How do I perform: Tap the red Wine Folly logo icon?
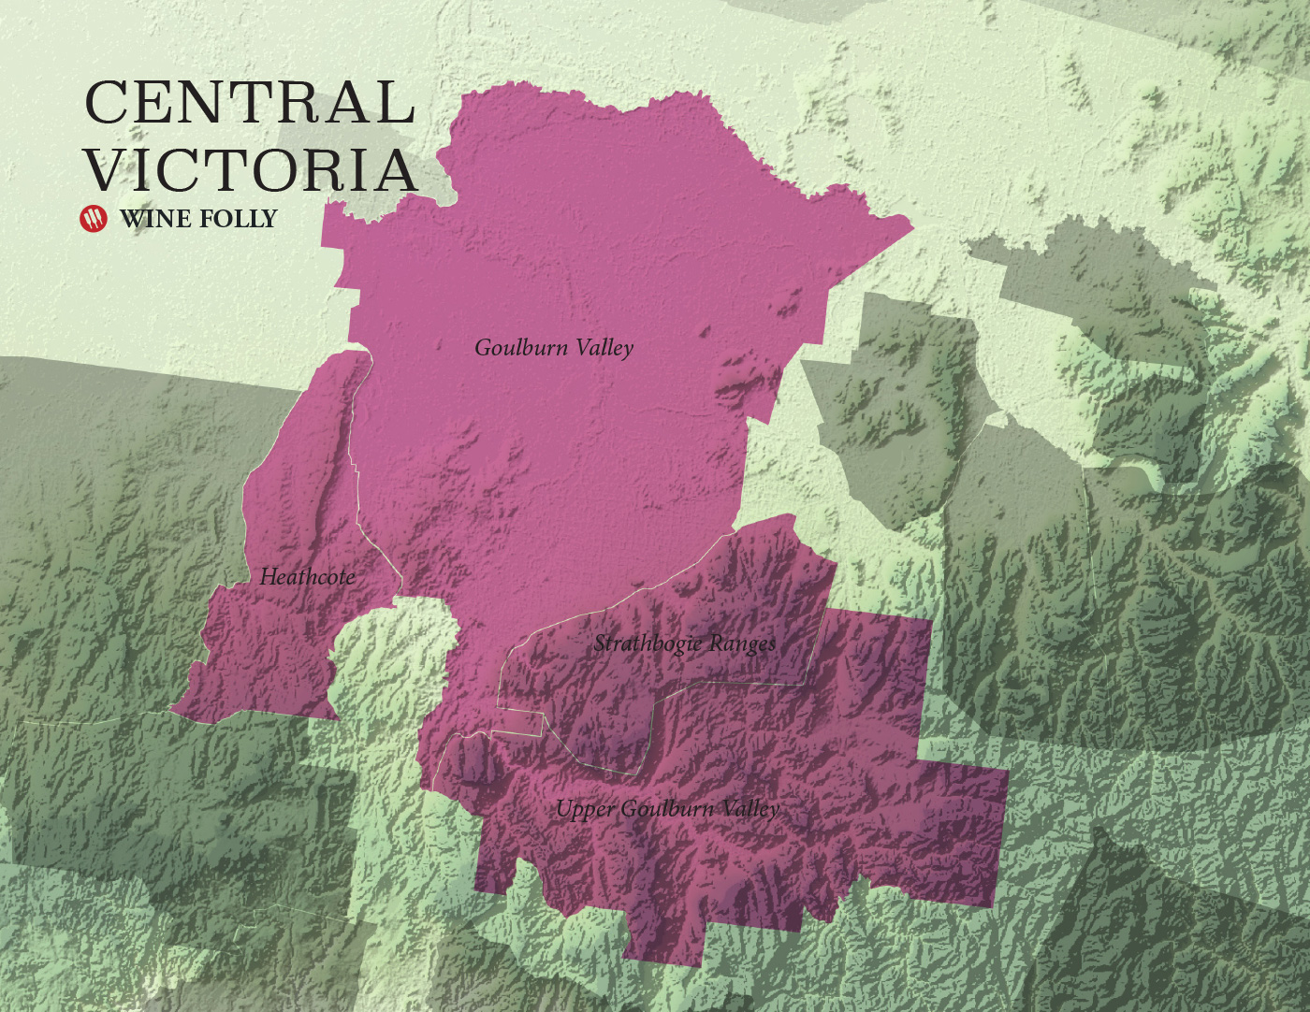pyautogui.click(x=94, y=218)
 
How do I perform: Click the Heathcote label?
pyautogui.click(x=307, y=576)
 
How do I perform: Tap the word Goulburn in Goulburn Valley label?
pyautogui.click(x=521, y=347)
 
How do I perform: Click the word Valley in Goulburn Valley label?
pyautogui.click(x=604, y=348)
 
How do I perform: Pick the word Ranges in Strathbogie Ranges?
pyautogui.click(x=743, y=644)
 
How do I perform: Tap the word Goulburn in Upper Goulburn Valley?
pyautogui.click(x=665, y=808)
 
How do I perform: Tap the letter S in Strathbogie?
pyautogui.click(x=600, y=643)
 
